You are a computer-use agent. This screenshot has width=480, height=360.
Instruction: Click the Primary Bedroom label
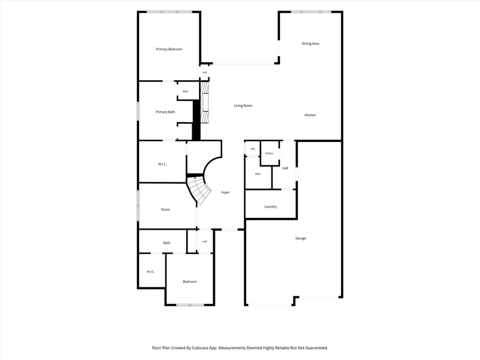168,49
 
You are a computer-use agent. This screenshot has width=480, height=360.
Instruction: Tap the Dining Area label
311,44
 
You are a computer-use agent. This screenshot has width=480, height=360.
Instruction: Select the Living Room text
243,106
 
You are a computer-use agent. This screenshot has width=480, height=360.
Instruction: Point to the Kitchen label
310,115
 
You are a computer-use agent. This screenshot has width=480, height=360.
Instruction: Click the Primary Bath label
165,112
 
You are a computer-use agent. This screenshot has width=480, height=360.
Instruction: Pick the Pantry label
269,154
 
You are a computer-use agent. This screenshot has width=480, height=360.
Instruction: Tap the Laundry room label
271,206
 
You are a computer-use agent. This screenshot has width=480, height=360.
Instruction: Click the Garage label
300,238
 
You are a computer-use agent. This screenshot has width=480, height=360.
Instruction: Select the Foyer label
225,192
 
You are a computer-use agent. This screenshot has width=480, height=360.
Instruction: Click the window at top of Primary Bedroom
169,12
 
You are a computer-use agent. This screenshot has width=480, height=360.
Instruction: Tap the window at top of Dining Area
311,12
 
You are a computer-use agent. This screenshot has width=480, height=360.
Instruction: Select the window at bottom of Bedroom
190,305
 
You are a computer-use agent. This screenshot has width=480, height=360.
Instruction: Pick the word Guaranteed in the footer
317,348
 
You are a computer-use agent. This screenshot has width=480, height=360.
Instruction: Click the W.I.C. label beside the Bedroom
150,272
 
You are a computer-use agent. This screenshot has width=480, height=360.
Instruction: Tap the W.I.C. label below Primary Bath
162,164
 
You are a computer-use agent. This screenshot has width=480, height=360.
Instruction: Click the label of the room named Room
165,210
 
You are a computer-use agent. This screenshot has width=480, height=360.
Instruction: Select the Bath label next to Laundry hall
258,174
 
